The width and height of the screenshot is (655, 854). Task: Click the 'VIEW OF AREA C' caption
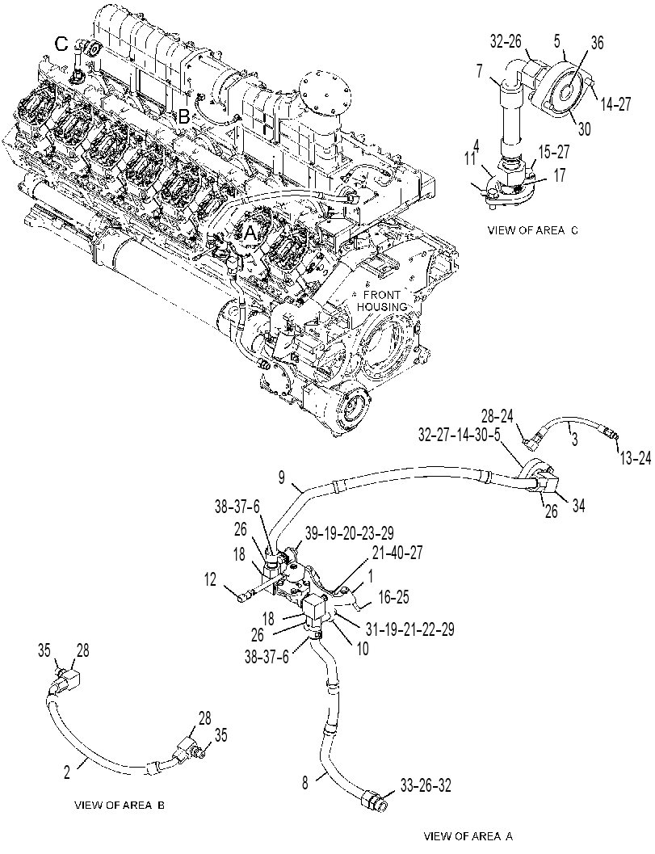532,230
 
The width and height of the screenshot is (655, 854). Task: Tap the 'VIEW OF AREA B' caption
120,806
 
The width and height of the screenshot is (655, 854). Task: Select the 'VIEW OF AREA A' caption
468,835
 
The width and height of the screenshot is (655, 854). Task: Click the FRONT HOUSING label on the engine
385,301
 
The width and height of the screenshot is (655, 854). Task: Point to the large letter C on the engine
63,43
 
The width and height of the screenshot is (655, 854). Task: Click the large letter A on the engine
249,233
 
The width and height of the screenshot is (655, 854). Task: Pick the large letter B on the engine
184,117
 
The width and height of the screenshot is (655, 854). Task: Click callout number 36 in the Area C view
597,44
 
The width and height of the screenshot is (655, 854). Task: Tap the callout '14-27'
615,104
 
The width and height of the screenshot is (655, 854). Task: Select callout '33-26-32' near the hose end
426,785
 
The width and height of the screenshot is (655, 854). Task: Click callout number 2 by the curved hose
67,772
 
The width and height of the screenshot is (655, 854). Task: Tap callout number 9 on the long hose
281,477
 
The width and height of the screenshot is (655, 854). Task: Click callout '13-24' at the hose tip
634,459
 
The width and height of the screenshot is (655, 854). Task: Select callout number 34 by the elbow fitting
578,506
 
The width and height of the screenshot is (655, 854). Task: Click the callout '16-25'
393,596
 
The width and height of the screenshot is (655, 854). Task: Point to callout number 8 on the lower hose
305,783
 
